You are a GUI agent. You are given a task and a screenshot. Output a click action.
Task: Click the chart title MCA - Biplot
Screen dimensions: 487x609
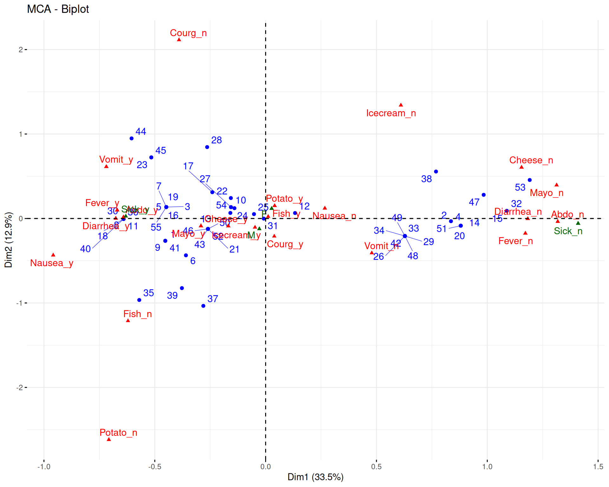pyautogui.click(x=58, y=9)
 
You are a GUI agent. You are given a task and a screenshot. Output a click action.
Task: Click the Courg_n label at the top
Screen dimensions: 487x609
pyautogui.click(x=188, y=33)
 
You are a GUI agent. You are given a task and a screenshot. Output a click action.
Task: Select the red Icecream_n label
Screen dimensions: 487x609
pyautogui.click(x=391, y=113)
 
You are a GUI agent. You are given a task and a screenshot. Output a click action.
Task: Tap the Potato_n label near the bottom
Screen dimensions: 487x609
pyautogui.click(x=118, y=432)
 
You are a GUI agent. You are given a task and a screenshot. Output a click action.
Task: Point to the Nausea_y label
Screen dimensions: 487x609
pyautogui.click(x=52, y=263)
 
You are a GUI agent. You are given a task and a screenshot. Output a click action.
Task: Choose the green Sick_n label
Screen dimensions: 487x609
pyautogui.click(x=568, y=231)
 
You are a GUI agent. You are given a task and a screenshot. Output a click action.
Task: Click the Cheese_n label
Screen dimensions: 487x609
pyautogui.click(x=531, y=160)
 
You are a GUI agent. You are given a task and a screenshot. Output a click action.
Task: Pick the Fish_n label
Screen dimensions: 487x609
pyautogui.click(x=137, y=314)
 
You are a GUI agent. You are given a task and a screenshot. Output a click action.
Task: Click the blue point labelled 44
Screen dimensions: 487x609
pyautogui.click(x=132, y=139)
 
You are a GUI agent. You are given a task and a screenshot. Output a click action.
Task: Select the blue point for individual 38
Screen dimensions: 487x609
pyautogui.click(x=436, y=172)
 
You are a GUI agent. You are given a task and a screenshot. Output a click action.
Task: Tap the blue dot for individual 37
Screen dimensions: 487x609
pyautogui.click(x=203, y=306)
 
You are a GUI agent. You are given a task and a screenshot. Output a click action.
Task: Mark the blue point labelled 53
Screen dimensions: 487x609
pyautogui.click(x=530, y=180)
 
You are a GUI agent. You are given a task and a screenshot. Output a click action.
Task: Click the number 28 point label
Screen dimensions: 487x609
pyautogui.click(x=217, y=140)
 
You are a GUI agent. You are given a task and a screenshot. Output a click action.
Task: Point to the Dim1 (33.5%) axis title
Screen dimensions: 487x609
pyautogui.click(x=315, y=477)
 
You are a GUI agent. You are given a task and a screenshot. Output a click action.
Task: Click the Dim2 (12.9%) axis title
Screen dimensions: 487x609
pyautogui.click(x=9, y=240)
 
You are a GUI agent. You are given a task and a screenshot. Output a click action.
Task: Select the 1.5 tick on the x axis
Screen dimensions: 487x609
pyautogui.click(x=598, y=467)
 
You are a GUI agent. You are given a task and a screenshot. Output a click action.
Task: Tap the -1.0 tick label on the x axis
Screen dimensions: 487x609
pyautogui.click(x=44, y=467)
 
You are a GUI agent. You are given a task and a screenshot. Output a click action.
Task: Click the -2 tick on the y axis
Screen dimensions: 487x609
pyautogui.click(x=20, y=387)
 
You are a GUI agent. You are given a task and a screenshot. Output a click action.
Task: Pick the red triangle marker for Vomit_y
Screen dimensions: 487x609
pyautogui.click(x=106, y=166)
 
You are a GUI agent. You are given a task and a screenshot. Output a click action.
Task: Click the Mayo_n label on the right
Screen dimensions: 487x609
pyautogui.click(x=547, y=193)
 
